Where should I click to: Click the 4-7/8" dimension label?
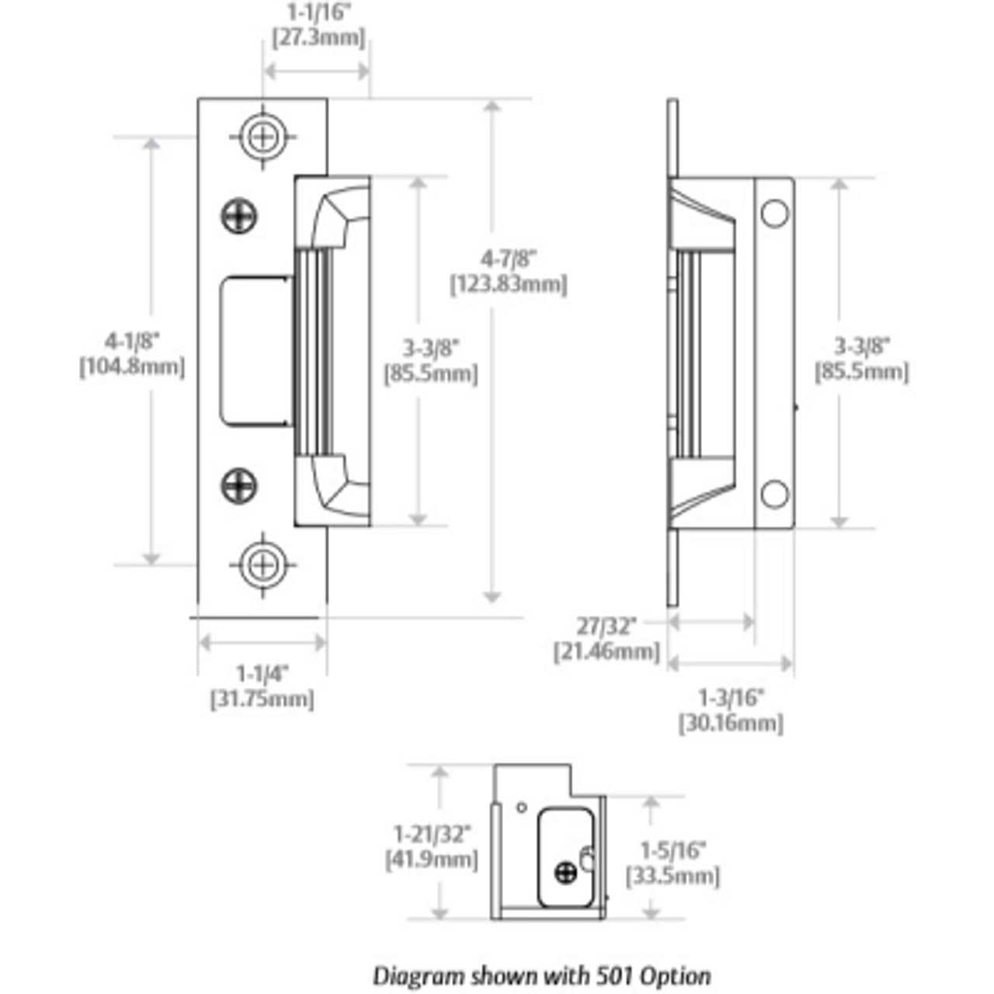(x=509, y=258)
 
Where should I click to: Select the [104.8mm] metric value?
(x=132, y=367)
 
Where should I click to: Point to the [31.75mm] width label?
(x=262, y=699)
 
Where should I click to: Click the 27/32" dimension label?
(x=606, y=626)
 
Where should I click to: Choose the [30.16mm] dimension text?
(x=731, y=724)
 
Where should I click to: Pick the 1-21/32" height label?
(x=433, y=835)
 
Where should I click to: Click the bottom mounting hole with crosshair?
(x=263, y=565)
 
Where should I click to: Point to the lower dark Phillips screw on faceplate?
(x=240, y=486)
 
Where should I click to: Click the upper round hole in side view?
(x=774, y=214)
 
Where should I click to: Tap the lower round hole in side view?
(x=774, y=494)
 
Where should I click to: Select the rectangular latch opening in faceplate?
(x=255, y=351)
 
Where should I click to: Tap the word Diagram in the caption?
(x=412, y=975)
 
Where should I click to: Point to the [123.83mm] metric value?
(x=509, y=285)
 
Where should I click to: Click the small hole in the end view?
(x=521, y=807)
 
